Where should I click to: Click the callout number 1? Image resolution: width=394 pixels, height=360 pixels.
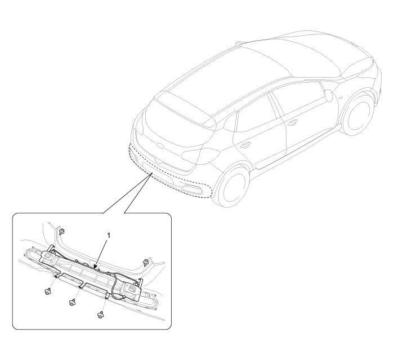109,235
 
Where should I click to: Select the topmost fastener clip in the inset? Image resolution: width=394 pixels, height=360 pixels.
61,232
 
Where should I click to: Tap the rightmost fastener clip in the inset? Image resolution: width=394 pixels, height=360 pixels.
145,262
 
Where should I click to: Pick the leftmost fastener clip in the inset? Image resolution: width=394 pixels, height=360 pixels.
47,291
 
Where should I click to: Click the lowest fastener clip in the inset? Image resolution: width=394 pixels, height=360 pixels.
101,315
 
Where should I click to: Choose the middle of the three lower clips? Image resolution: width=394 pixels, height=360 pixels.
73,302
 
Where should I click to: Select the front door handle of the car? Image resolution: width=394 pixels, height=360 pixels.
292,123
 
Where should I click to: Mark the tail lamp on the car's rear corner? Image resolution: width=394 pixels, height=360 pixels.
201,155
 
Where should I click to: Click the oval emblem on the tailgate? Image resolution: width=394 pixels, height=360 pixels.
160,145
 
